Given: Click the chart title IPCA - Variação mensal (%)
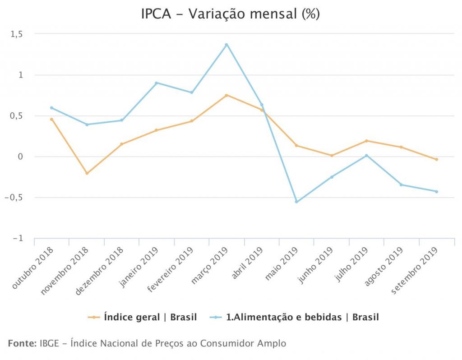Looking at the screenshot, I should point(231,14).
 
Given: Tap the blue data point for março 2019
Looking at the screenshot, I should point(226,45).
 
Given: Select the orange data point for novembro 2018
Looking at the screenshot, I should point(87,173).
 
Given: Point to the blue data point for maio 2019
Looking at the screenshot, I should point(296,202).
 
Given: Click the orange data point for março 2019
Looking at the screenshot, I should point(226,95).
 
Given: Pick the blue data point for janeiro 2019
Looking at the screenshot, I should point(157,83).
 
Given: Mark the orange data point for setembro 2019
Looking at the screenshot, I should point(436,159).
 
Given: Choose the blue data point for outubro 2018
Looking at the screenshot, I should point(51,108).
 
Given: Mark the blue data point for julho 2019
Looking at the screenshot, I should point(366,155).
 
